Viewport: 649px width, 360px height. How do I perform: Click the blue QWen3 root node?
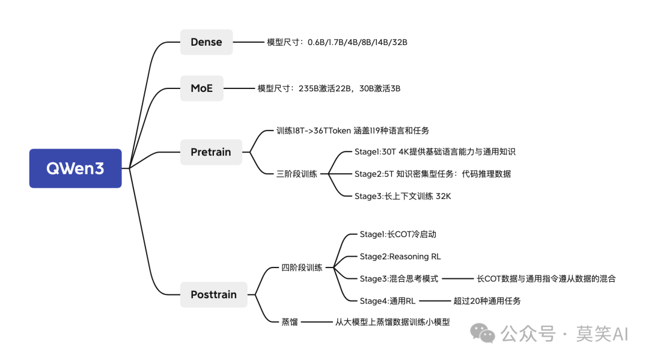(x=75, y=168)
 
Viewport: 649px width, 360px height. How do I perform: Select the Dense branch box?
(x=206, y=42)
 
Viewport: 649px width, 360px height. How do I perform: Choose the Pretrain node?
(x=211, y=152)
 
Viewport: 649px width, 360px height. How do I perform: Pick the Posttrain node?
(x=213, y=294)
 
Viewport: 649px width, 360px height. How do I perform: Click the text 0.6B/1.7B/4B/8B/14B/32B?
(x=358, y=42)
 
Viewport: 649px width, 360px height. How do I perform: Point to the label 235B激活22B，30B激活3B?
(x=329, y=88)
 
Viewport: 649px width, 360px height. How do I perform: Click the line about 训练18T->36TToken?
(x=353, y=130)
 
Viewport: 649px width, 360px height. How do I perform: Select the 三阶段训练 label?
(x=296, y=174)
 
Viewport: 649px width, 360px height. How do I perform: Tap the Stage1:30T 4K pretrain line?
(x=434, y=152)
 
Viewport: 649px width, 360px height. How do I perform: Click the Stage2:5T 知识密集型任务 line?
(x=432, y=174)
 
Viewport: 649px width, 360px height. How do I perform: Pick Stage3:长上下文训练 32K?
(x=402, y=196)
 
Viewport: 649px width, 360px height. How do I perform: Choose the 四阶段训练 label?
(x=302, y=267)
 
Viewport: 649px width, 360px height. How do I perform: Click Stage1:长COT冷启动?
(x=394, y=234)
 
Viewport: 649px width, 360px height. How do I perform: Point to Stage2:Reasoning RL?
(x=400, y=257)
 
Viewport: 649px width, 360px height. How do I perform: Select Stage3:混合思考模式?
(x=399, y=279)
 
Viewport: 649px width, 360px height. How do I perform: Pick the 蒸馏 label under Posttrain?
(x=289, y=322)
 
